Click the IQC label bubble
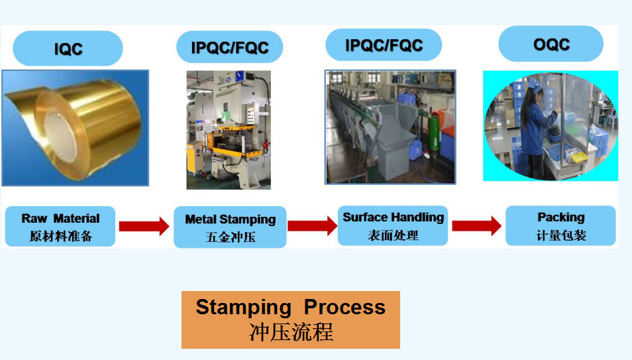(x=68, y=48)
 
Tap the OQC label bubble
(x=551, y=44)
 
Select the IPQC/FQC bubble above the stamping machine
(x=230, y=47)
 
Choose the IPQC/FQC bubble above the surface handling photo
(x=384, y=45)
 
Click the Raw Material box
(x=60, y=227)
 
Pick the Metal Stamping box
(x=230, y=227)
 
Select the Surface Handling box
(x=393, y=225)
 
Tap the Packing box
(x=560, y=225)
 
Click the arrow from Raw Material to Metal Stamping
(x=144, y=226)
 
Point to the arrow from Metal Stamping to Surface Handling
(x=313, y=226)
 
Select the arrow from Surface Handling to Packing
(x=477, y=225)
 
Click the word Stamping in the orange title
(x=243, y=308)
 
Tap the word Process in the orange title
(x=344, y=307)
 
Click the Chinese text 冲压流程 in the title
(x=291, y=332)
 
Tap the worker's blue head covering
(x=535, y=85)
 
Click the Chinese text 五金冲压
(x=231, y=237)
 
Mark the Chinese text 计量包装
(x=561, y=235)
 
